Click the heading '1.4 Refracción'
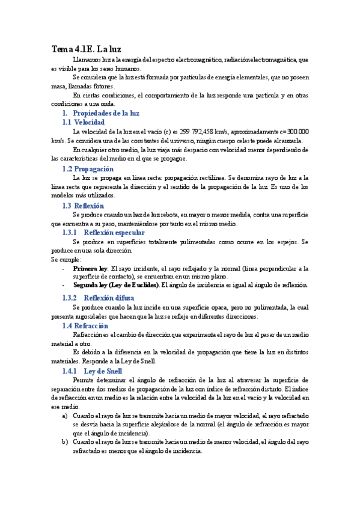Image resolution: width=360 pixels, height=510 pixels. pos(85,325)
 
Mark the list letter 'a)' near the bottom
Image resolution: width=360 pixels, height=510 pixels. pos(65,416)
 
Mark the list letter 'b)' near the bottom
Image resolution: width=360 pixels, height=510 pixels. pos(65,442)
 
